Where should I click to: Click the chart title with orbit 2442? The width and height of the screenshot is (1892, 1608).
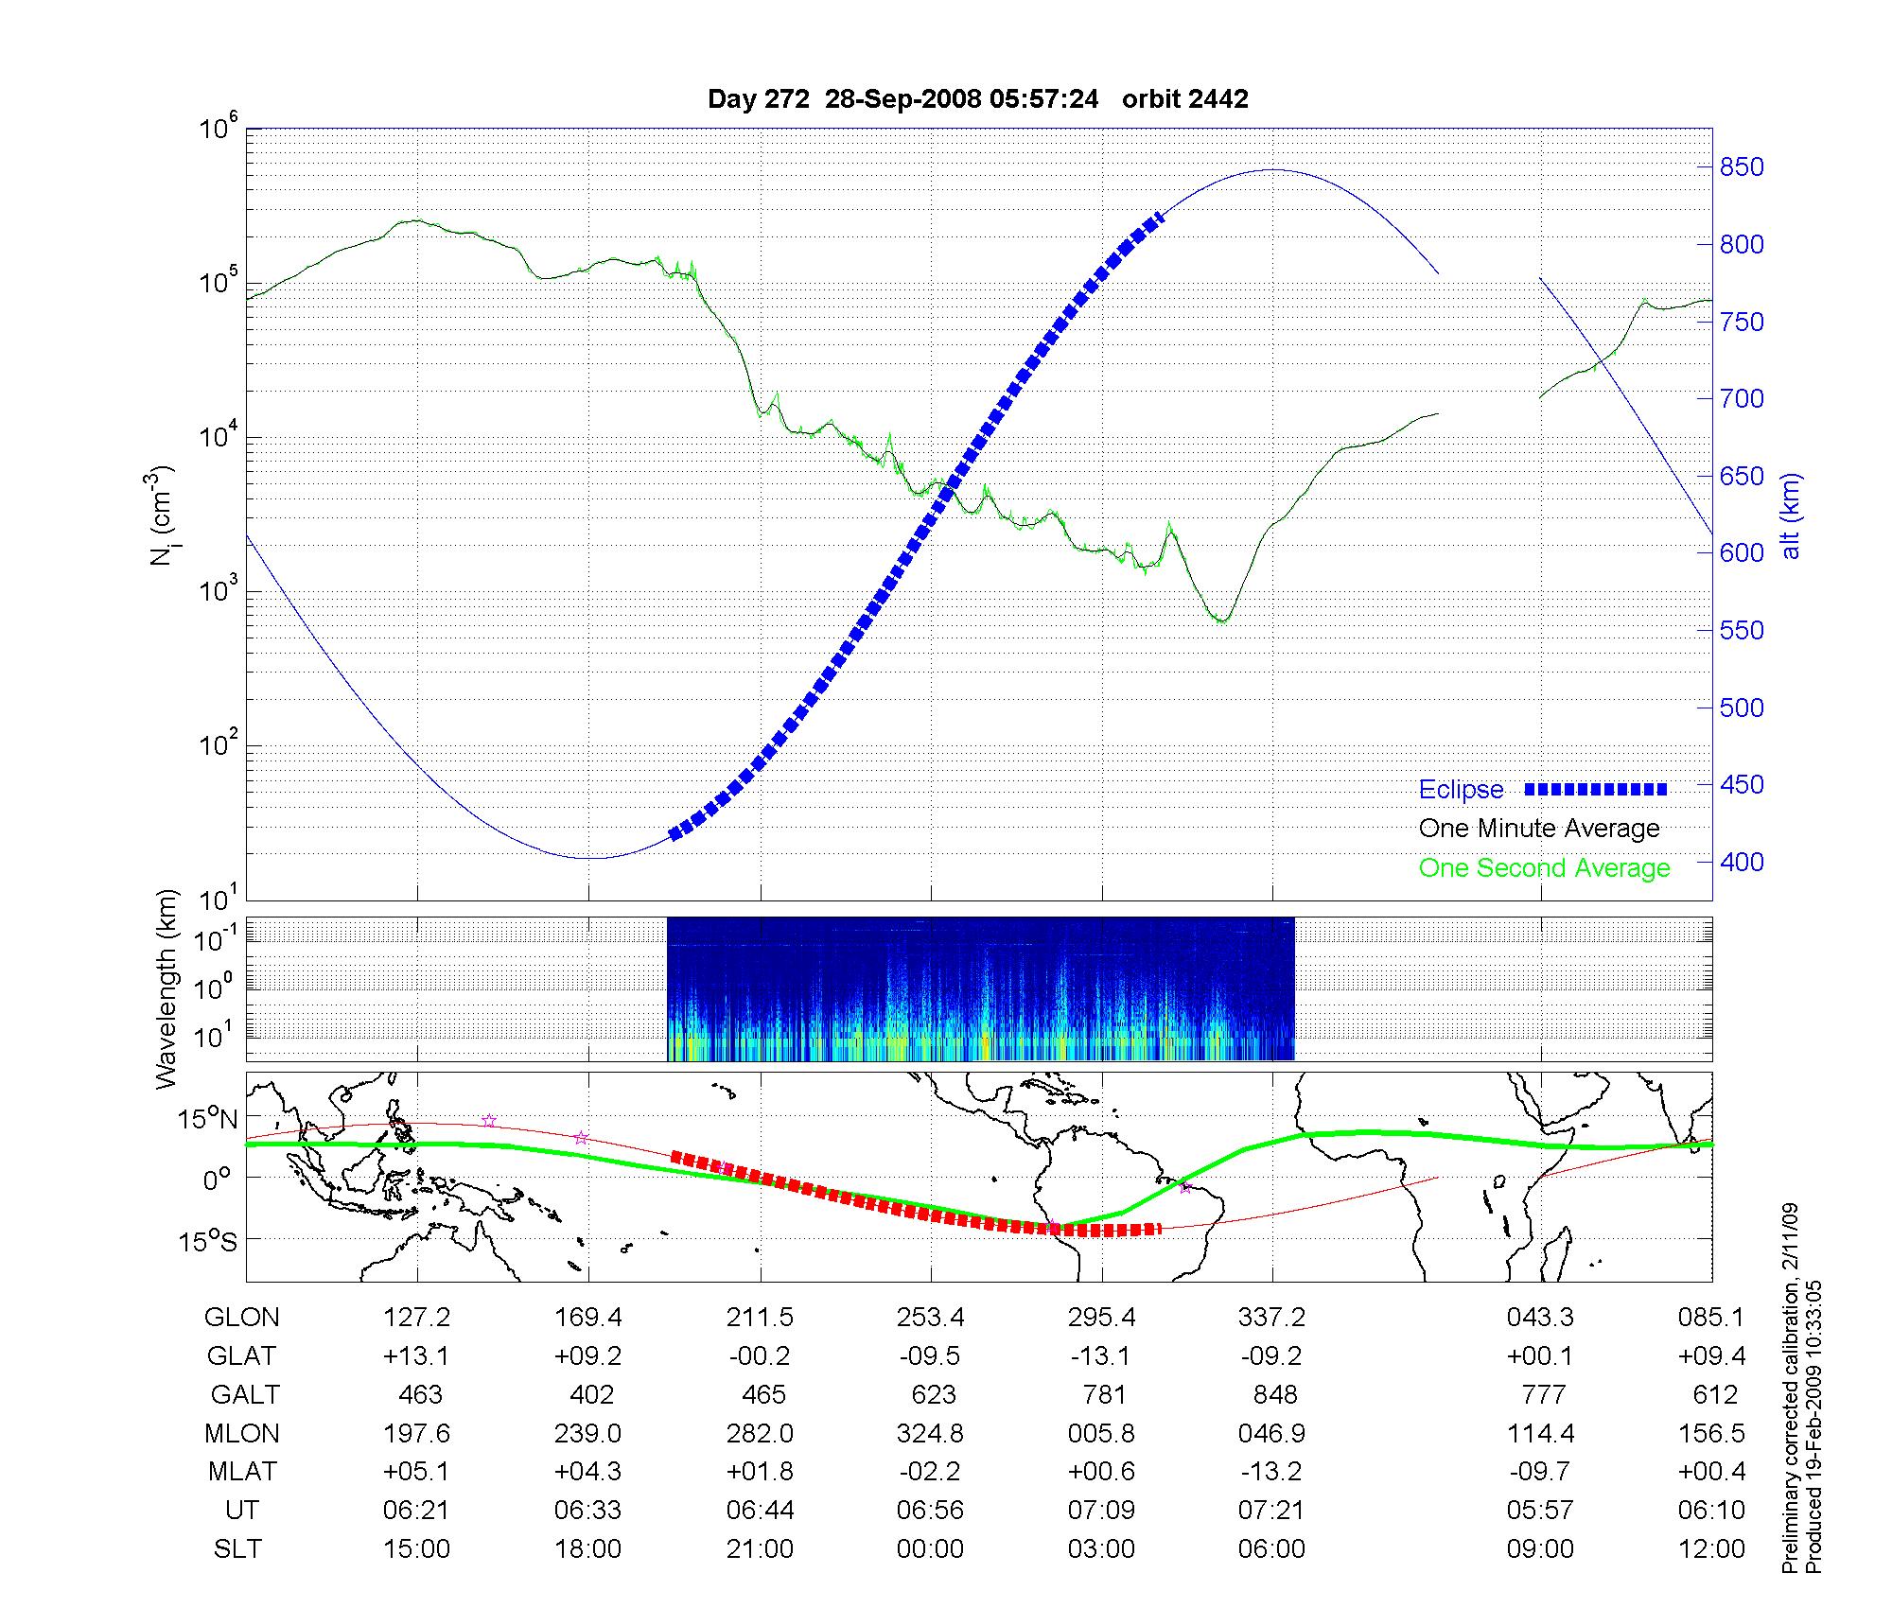(977, 99)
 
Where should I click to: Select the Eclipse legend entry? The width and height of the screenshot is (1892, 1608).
(1461, 790)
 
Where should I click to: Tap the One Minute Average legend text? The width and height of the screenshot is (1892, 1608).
(1539, 829)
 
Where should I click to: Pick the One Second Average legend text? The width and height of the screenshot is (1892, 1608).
(1544, 868)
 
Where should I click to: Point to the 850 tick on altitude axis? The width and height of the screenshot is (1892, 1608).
(1742, 167)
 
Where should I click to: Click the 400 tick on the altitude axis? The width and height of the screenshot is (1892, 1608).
(1742, 862)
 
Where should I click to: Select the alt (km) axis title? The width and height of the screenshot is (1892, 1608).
(1791, 516)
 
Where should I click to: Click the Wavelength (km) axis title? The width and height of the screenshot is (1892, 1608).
(167, 988)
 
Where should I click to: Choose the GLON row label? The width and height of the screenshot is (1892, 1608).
(242, 1318)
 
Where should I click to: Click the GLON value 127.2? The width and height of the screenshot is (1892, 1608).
(416, 1318)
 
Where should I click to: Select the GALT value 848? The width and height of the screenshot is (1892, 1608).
(1273, 1395)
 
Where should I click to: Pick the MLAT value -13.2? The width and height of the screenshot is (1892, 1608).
(1271, 1472)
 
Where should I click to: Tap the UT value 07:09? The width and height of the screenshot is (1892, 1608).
(1101, 1511)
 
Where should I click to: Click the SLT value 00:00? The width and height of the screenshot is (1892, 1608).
(931, 1549)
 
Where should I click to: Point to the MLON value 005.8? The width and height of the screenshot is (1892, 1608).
(1101, 1434)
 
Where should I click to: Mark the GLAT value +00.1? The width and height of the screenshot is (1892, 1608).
(1540, 1356)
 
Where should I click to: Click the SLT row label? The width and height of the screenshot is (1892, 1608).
(237, 1549)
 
